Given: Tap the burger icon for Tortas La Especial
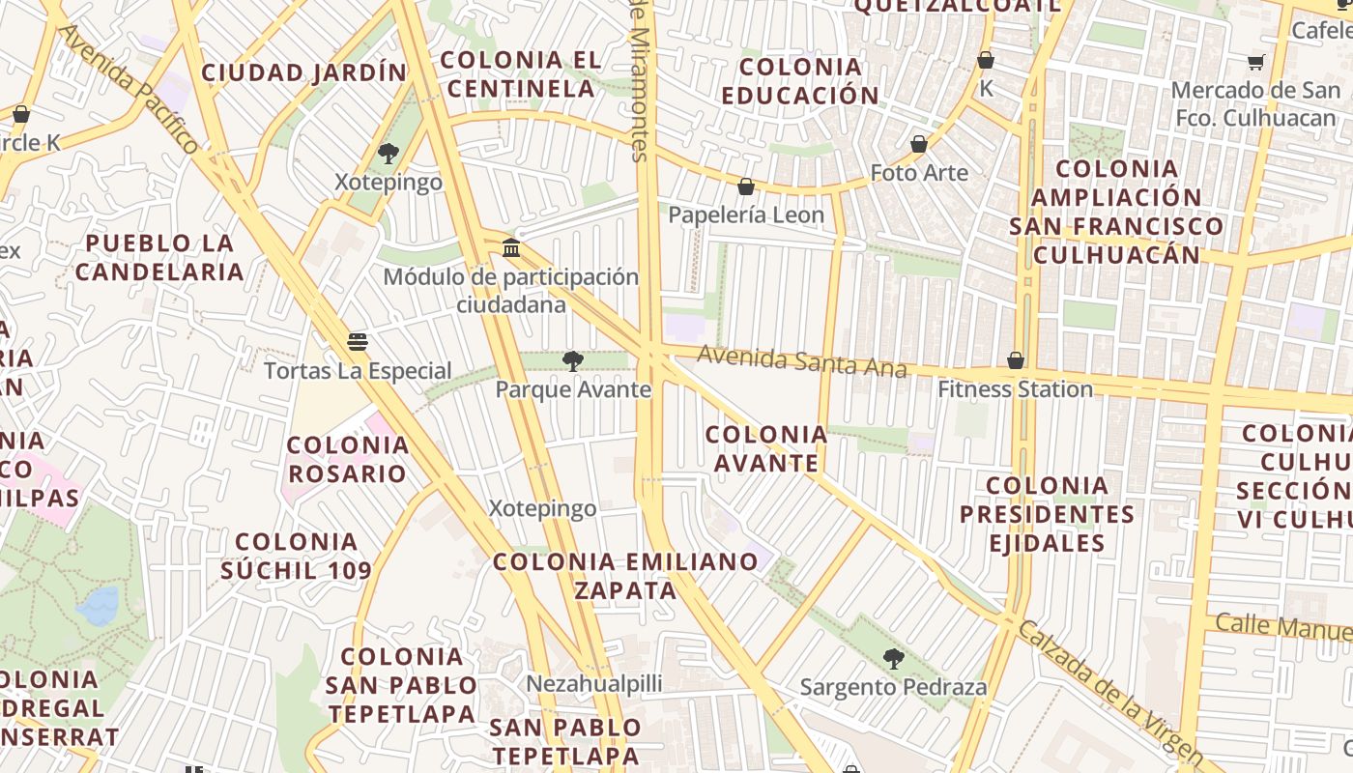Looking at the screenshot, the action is [x=358, y=342].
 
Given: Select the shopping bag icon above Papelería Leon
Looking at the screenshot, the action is [x=746, y=186].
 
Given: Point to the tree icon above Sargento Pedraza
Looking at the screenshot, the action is [x=894, y=660].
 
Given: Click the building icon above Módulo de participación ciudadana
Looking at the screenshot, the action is [x=511, y=249].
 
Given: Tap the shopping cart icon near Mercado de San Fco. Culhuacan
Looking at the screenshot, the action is [x=1255, y=63].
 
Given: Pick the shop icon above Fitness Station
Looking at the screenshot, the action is [x=1016, y=361].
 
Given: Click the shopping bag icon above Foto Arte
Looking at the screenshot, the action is [x=919, y=145].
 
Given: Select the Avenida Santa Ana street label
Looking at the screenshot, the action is [x=801, y=361].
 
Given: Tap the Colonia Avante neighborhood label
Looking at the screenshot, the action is [x=766, y=448].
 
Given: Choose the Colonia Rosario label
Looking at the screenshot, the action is [x=348, y=459].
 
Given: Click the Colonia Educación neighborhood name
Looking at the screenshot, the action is [x=800, y=81].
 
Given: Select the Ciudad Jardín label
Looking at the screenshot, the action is [x=304, y=72].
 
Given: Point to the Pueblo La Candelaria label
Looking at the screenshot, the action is [x=159, y=257].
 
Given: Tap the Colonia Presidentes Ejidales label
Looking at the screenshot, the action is [x=1047, y=513].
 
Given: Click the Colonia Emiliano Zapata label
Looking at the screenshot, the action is [x=626, y=575].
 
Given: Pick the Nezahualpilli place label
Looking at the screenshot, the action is [x=593, y=684].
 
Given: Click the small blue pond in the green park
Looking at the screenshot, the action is [x=99, y=606].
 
